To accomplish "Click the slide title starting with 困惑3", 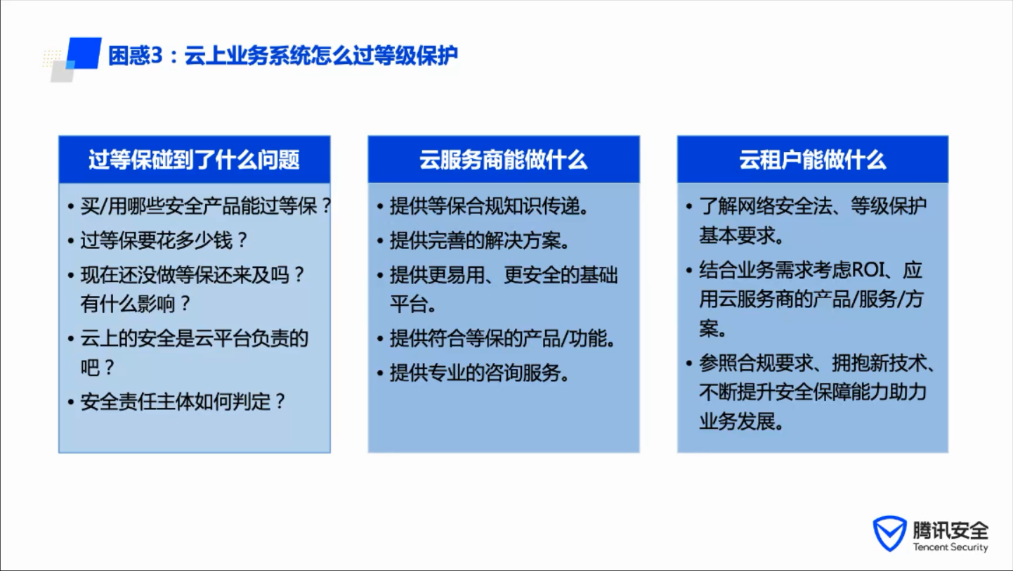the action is click(x=283, y=56).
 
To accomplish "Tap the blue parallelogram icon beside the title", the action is click(x=84, y=53).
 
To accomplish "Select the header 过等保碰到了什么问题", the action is click(x=194, y=160).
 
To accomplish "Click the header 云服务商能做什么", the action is click(x=503, y=160).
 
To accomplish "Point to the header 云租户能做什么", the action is click(x=812, y=160).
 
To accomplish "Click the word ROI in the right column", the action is click(x=868, y=270).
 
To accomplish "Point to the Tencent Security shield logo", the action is click(x=889, y=533).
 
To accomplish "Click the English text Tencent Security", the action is click(x=950, y=547).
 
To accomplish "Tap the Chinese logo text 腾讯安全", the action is click(x=950, y=530).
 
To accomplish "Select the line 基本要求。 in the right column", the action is click(x=742, y=236).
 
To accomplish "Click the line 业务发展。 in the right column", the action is click(x=742, y=422).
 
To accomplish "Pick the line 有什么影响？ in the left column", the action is click(x=135, y=303).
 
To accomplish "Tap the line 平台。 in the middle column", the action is click(x=413, y=303).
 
